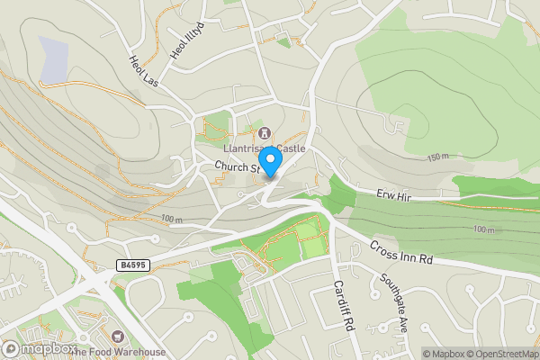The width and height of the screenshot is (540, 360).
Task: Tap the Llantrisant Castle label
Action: [265, 148]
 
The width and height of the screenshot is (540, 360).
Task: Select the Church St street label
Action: [237, 167]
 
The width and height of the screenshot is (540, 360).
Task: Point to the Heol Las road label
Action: [143, 73]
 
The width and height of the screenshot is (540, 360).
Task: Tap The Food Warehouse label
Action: [121, 351]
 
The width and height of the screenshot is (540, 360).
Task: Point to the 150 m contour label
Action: [438, 157]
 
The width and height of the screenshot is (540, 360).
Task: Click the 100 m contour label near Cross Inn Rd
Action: [483, 230]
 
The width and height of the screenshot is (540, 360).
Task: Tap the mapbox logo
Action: [40, 348]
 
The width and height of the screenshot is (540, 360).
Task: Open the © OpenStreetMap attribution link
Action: [499, 353]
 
